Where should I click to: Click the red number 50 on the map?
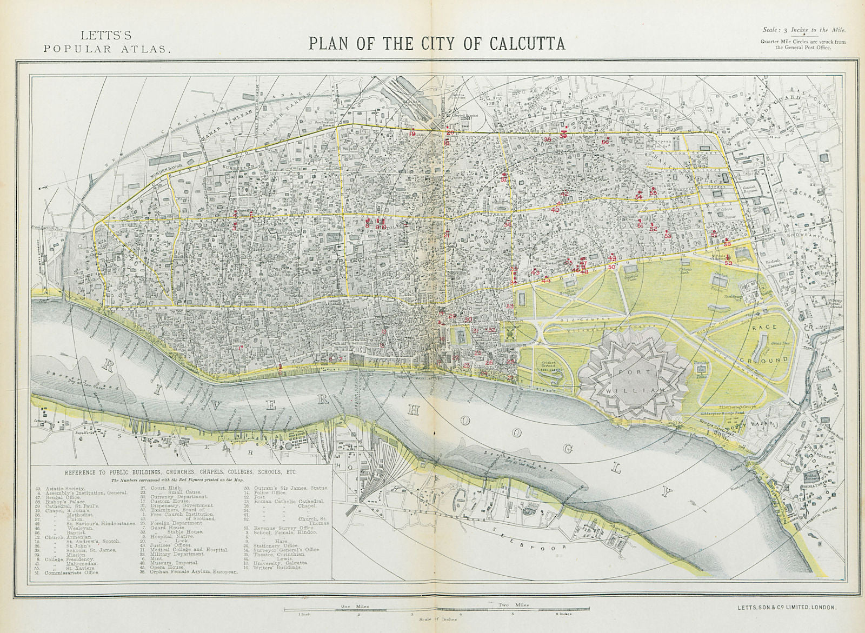(611, 267)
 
